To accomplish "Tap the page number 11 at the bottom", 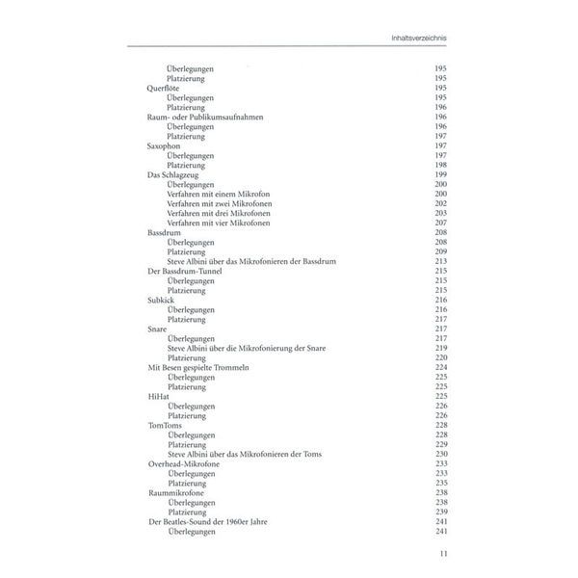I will click(442, 553).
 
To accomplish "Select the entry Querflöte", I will click(164, 87).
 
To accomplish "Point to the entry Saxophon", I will click(164, 144).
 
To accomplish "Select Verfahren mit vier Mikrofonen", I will click(218, 223).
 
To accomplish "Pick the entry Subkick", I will click(161, 300).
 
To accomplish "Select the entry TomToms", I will click(165, 424).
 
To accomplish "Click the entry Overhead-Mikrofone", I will click(183, 463).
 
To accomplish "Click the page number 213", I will click(442, 261).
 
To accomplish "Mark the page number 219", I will click(442, 347).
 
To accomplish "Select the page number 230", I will click(442, 454).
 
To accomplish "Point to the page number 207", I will click(442, 223).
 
